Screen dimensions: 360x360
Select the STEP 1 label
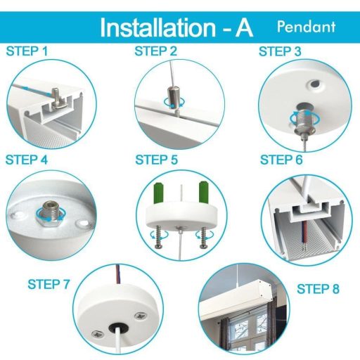[27, 51]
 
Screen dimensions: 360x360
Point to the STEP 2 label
[156, 51]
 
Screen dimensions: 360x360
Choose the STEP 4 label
[27, 159]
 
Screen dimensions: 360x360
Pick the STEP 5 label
[156, 159]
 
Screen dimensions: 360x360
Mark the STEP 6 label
[281, 160]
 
